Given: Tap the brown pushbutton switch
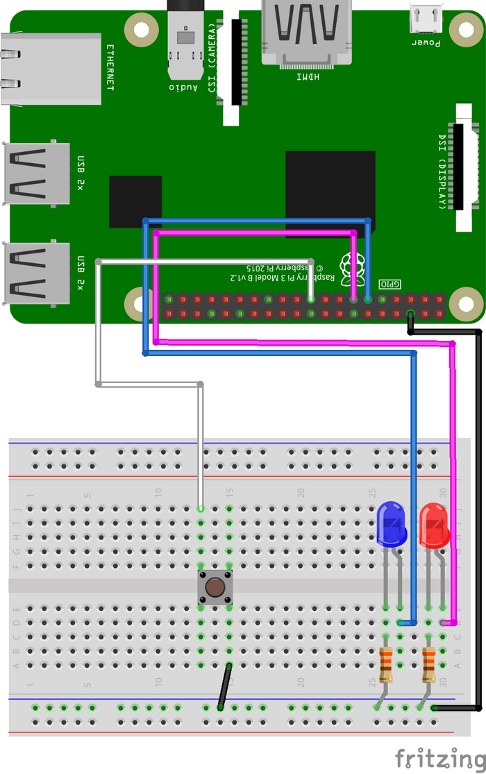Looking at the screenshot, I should (215, 587).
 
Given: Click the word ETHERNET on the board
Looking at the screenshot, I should (110, 67).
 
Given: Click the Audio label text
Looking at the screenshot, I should (183, 87).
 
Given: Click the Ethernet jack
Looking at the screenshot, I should (49, 67).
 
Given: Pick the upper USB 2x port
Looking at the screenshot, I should (36, 174).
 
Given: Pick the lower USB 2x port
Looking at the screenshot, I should (36, 273).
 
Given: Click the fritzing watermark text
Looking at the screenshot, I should (438, 759).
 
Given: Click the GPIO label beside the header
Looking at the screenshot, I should (390, 284).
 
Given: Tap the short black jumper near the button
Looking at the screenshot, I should (224, 687).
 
